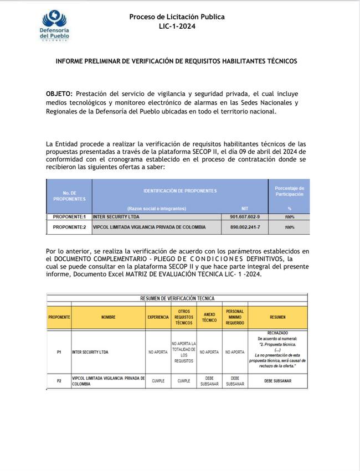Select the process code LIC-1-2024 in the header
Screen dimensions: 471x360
click(x=177, y=26)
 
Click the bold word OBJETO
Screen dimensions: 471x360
click(x=59, y=94)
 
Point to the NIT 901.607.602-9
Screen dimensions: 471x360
click(x=245, y=217)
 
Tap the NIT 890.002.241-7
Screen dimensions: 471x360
click(x=245, y=227)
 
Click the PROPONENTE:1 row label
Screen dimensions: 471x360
click(x=69, y=217)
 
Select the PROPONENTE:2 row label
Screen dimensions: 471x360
click(x=69, y=227)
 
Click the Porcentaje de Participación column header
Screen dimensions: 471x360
click(x=289, y=191)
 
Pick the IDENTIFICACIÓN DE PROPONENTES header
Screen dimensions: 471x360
click(x=180, y=190)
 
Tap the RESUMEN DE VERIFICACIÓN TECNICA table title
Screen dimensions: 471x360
click(x=177, y=298)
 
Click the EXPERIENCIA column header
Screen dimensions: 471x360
click(x=158, y=317)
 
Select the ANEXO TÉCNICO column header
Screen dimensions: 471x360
click(x=209, y=317)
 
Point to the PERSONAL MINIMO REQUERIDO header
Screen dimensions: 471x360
click(x=235, y=317)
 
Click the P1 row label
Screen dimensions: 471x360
click(x=59, y=351)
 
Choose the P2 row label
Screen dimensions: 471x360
click(x=59, y=381)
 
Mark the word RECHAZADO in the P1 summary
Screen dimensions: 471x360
click(x=277, y=333)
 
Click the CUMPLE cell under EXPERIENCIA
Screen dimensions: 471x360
click(x=158, y=381)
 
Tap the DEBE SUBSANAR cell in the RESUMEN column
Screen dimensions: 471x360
click(x=277, y=381)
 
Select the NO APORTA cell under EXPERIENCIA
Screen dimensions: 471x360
click(x=158, y=351)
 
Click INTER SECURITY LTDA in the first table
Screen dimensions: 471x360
click(x=117, y=217)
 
